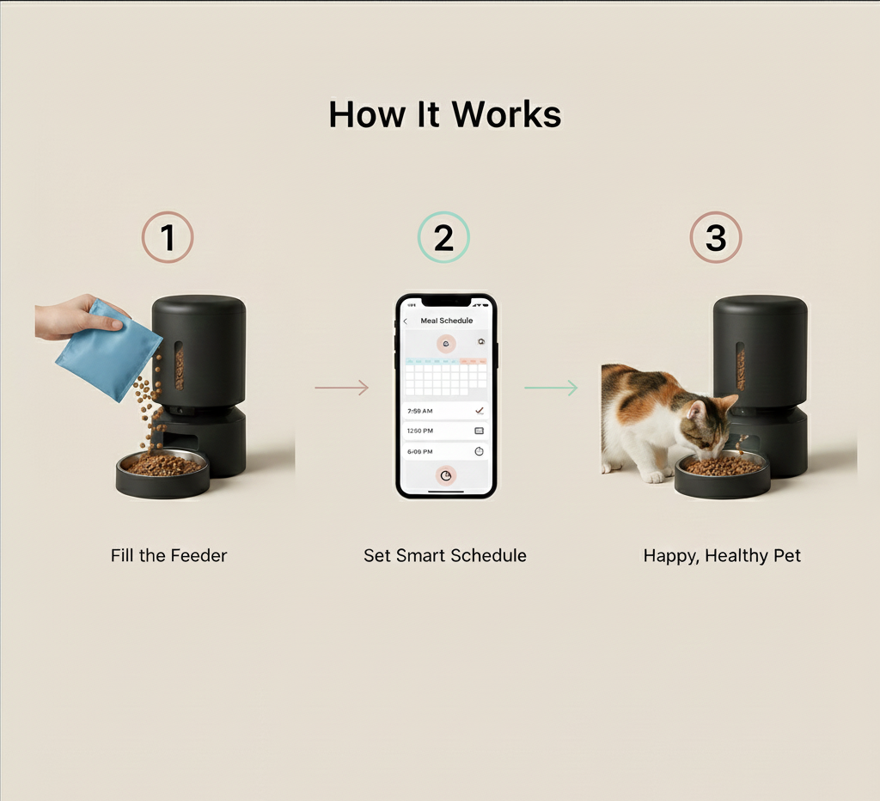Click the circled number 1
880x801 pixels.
click(168, 237)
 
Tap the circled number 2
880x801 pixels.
click(443, 237)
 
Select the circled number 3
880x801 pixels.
click(716, 237)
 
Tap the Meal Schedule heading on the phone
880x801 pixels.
click(446, 321)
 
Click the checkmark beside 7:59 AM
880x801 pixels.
click(480, 411)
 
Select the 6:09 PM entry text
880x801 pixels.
click(420, 451)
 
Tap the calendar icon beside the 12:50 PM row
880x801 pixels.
click(480, 431)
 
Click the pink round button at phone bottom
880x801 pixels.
click(446, 475)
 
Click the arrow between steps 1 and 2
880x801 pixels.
click(341, 388)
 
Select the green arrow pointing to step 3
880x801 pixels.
click(551, 388)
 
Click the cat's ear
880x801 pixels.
click(726, 401)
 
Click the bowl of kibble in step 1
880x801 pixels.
click(162, 473)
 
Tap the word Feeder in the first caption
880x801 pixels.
click(199, 555)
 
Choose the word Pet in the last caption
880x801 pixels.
click(786, 555)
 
